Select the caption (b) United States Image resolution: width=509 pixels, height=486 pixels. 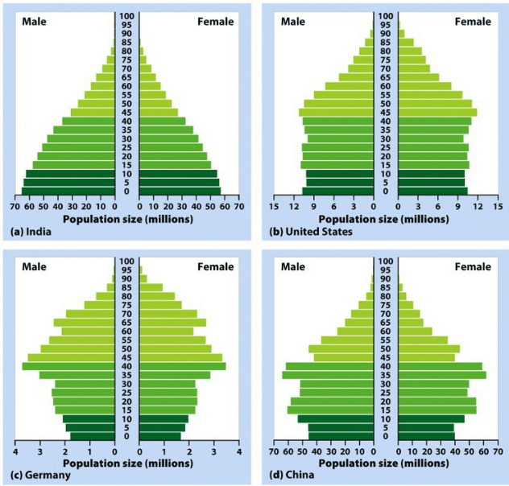point(308,232)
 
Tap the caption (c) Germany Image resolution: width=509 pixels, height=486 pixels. point(38,475)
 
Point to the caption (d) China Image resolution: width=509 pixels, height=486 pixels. point(300,475)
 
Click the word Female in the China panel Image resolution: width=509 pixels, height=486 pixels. point(473,266)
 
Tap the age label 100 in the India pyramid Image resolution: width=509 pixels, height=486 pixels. point(127,15)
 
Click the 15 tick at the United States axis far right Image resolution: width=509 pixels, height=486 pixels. point(499,206)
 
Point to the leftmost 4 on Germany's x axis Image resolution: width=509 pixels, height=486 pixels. point(14,451)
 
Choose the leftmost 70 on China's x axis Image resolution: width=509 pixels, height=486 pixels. point(275,451)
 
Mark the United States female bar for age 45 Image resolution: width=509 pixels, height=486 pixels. point(436,113)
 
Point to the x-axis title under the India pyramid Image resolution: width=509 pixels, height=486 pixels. point(127,218)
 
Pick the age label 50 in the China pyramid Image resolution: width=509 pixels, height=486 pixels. point(385,348)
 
